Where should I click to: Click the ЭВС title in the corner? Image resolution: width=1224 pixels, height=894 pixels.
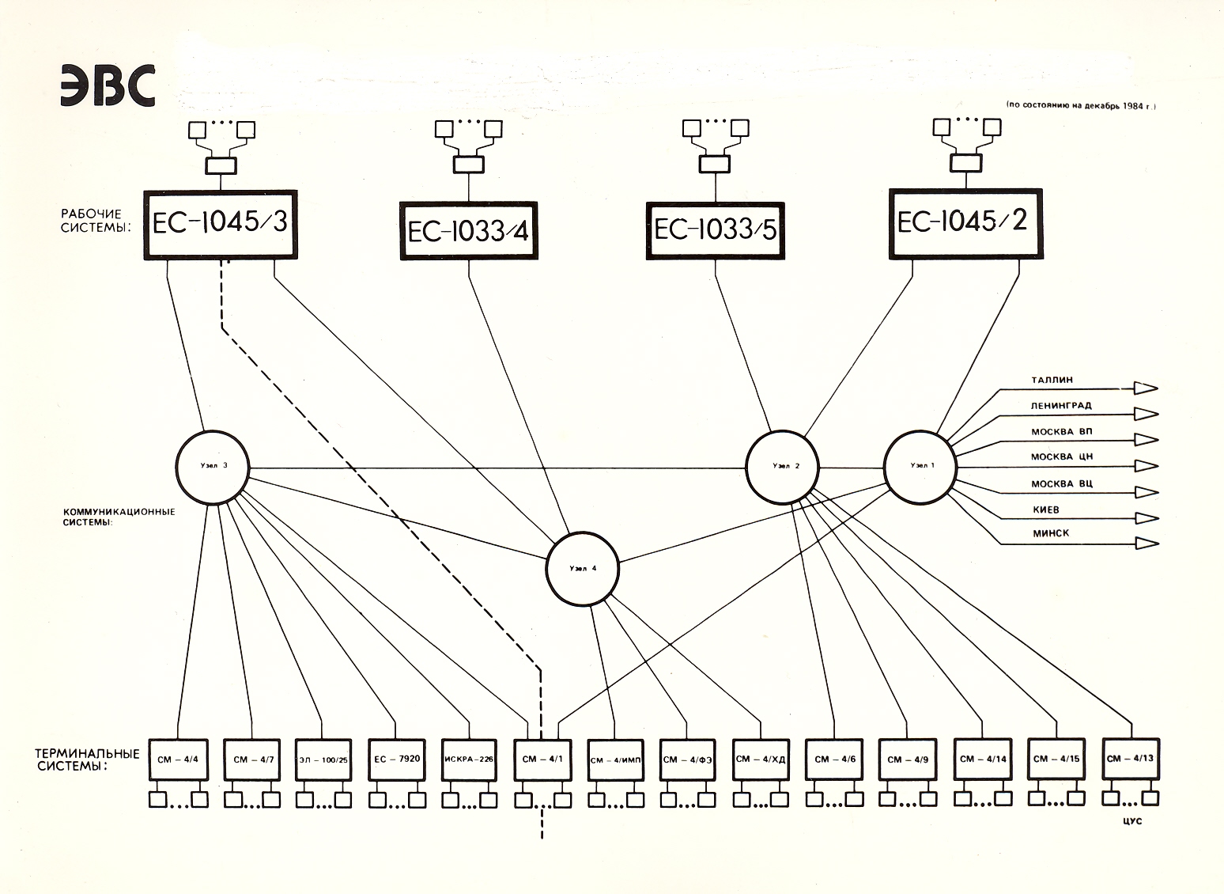click(x=107, y=86)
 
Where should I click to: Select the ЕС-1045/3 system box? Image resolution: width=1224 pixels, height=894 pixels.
click(x=221, y=224)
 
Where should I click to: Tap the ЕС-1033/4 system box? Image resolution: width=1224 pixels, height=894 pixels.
click(x=469, y=230)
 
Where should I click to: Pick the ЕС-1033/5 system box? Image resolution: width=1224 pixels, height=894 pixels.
click(x=716, y=230)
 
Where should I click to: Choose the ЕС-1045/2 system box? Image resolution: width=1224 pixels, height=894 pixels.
click(x=962, y=222)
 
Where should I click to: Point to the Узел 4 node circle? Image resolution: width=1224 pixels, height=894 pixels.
click(x=583, y=569)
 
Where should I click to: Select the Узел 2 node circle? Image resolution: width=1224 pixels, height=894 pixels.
click(x=783, y=467)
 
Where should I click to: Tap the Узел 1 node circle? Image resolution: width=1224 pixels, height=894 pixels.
click(x=920, y=467)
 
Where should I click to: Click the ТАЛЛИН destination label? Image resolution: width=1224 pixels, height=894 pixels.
click(x=1052, y=381)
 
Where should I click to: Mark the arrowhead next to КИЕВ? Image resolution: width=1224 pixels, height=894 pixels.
click(x=1146, y=517)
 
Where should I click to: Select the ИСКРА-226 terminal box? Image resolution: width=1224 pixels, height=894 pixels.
click(x=469, y=760)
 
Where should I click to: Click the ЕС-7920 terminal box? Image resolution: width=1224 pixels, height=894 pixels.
click(x=397, y=760)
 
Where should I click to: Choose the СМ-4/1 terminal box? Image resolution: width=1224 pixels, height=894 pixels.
click(x=542, y=760)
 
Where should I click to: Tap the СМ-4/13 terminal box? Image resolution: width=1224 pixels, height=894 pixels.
click(x=1130, y=759)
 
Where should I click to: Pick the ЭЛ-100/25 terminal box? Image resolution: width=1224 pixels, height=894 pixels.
click(x=323, y=760)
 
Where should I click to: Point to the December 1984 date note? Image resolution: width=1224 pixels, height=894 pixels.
click(x=1080, y=106)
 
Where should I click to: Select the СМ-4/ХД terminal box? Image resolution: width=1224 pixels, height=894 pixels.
click(x=760, y=760)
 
